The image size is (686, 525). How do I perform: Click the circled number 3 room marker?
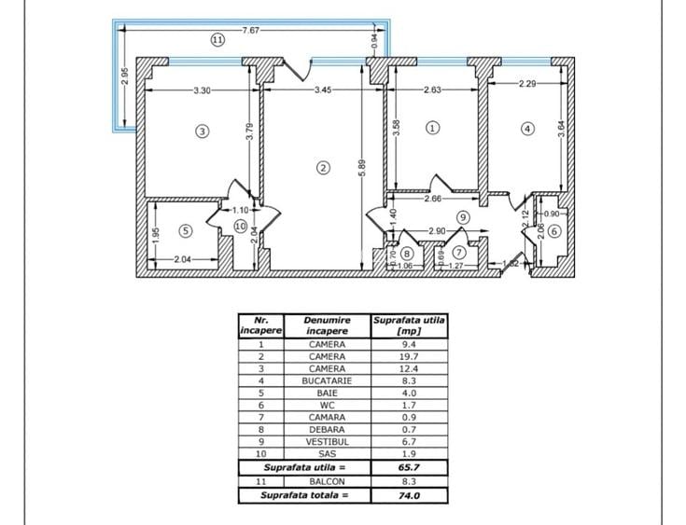click(x=202, y=131)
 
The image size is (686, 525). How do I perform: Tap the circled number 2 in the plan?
click(x=323, y=168)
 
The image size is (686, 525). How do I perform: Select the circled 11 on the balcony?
click(x=217, y=40)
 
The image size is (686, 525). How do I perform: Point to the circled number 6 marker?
click(x=554, y=231)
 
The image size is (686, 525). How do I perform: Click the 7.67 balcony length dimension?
click(x=251, y=30)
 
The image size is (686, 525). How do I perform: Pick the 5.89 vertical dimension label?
click(x=362, y=169)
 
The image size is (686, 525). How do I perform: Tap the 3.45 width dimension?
click(x=323, y=90)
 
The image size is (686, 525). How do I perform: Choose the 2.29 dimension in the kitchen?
click(x=527, y=84)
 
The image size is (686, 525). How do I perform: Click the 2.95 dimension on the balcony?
click(x=125, y=76)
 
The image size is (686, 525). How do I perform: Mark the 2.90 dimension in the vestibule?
click(x=437, y=231)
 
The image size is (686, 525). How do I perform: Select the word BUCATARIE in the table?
click(x=327, y=380)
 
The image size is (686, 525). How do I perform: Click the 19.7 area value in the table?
click(x=409, y=356)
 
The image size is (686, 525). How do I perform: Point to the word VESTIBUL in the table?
click(x=327, y=442)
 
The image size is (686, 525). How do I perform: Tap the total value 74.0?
click(x=409, y=496)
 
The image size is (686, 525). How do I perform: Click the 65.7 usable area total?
click(x=409, y=467)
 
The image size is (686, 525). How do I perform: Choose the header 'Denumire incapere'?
click(x=327, y=325)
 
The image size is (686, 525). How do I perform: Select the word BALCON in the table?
click(x=327, y=482)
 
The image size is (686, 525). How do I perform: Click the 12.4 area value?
click(x=409, y=368)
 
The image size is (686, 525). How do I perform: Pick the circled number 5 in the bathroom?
click(x=186, y=230)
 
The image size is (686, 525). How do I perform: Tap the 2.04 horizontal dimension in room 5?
click(x=183, y=259)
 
